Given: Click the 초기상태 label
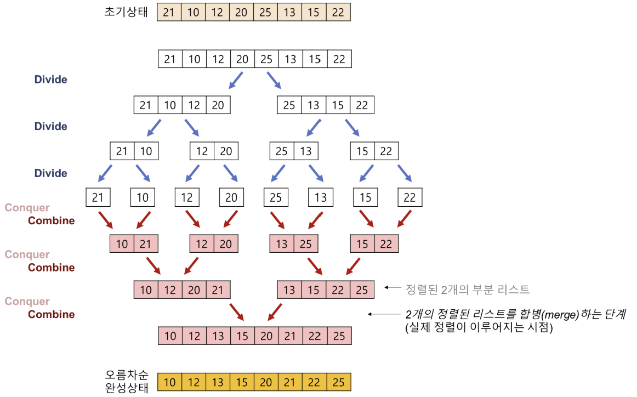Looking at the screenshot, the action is click(x=126, y=12).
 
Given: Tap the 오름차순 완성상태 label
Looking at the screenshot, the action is click(x=126, y=382).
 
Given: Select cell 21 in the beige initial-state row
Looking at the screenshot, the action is click(x=169, y=13).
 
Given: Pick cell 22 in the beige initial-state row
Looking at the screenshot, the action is click(x=338, y=13).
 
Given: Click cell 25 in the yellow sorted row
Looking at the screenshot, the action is click(x=339, y=382).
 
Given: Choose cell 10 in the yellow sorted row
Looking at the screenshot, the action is click(x=170, y=382).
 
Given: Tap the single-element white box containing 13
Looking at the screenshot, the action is click(x=321, y=197).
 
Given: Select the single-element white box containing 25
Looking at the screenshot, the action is click(x=276, y=197).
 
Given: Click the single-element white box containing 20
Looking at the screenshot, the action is click(x=231, y=197).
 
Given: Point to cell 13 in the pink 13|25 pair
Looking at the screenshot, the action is click(x=282, y=244).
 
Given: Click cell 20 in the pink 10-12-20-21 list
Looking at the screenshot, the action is click(x=194, y=290).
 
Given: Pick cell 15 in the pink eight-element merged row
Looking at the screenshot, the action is click(x=242, y=336).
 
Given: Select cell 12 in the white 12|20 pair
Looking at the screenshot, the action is click(x=202, y=151).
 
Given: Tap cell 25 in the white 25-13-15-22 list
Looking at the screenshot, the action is click(x=289, y=105).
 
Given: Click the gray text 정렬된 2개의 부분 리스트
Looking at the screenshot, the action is click(x=467, y=289).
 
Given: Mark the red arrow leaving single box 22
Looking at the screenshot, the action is click(x=405, y=219).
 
